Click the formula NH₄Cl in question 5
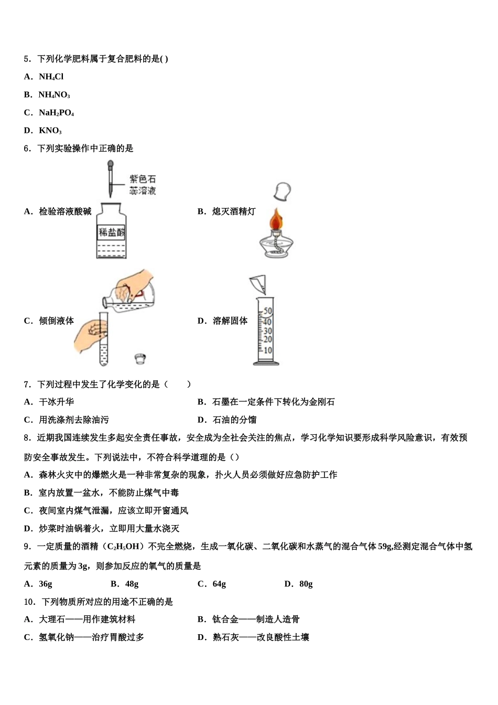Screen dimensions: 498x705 click(51, 77)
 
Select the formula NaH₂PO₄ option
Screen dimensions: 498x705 click(56, 113)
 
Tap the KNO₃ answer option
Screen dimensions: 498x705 click(50, 131)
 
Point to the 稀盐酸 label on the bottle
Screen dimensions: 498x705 click(111, 232)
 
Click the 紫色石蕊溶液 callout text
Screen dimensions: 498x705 click(143, 185)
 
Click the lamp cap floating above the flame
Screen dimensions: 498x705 click(282, 191)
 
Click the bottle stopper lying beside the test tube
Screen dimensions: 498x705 click(139, 359)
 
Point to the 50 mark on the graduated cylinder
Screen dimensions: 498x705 click(268, 311)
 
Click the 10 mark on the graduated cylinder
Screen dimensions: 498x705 click(268, 350)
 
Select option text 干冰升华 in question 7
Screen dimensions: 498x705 click(56, 402)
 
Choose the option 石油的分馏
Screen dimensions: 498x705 click(234, 420)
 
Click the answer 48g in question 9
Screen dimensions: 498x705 click(132, 584)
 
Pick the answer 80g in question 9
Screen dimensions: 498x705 click(306, 584)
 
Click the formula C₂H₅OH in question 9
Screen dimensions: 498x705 click(124, 547)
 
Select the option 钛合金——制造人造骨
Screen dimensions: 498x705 click(256, 619)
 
